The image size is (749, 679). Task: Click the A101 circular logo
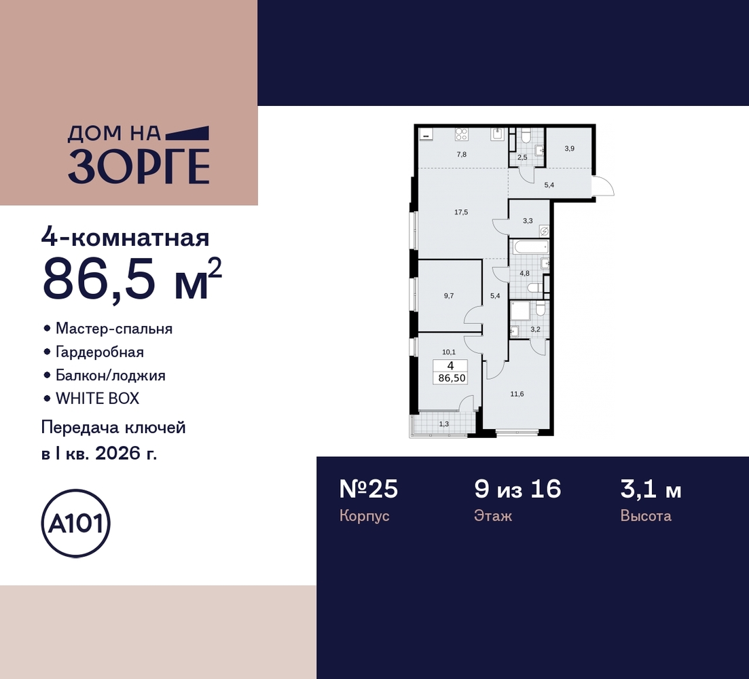tap(76, 524)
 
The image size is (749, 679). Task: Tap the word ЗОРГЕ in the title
tap(139, 166)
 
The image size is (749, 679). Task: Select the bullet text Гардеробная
tap(100, 352)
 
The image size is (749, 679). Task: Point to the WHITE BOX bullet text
tap(98, 398)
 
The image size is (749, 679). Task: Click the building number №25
tap(368, 489)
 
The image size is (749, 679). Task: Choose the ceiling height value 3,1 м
tap(651, 490)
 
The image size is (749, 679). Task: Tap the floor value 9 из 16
tap(517, 489)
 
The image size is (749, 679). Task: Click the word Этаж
tap(493, 515)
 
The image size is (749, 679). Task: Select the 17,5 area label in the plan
tap(461, 212)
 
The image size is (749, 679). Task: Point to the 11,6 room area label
tap(517, 394)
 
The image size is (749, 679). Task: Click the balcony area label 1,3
tap(443, 424)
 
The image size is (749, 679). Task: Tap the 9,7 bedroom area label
tap(449, 295)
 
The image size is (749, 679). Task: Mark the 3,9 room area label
tap(570, 149)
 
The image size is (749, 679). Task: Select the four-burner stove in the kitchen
tap(461, 134)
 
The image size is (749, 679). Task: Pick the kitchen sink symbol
tap(497, 134)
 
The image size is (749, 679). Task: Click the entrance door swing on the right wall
tap(603, 186)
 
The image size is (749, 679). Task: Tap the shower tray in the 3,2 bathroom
tap(519, 311)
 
